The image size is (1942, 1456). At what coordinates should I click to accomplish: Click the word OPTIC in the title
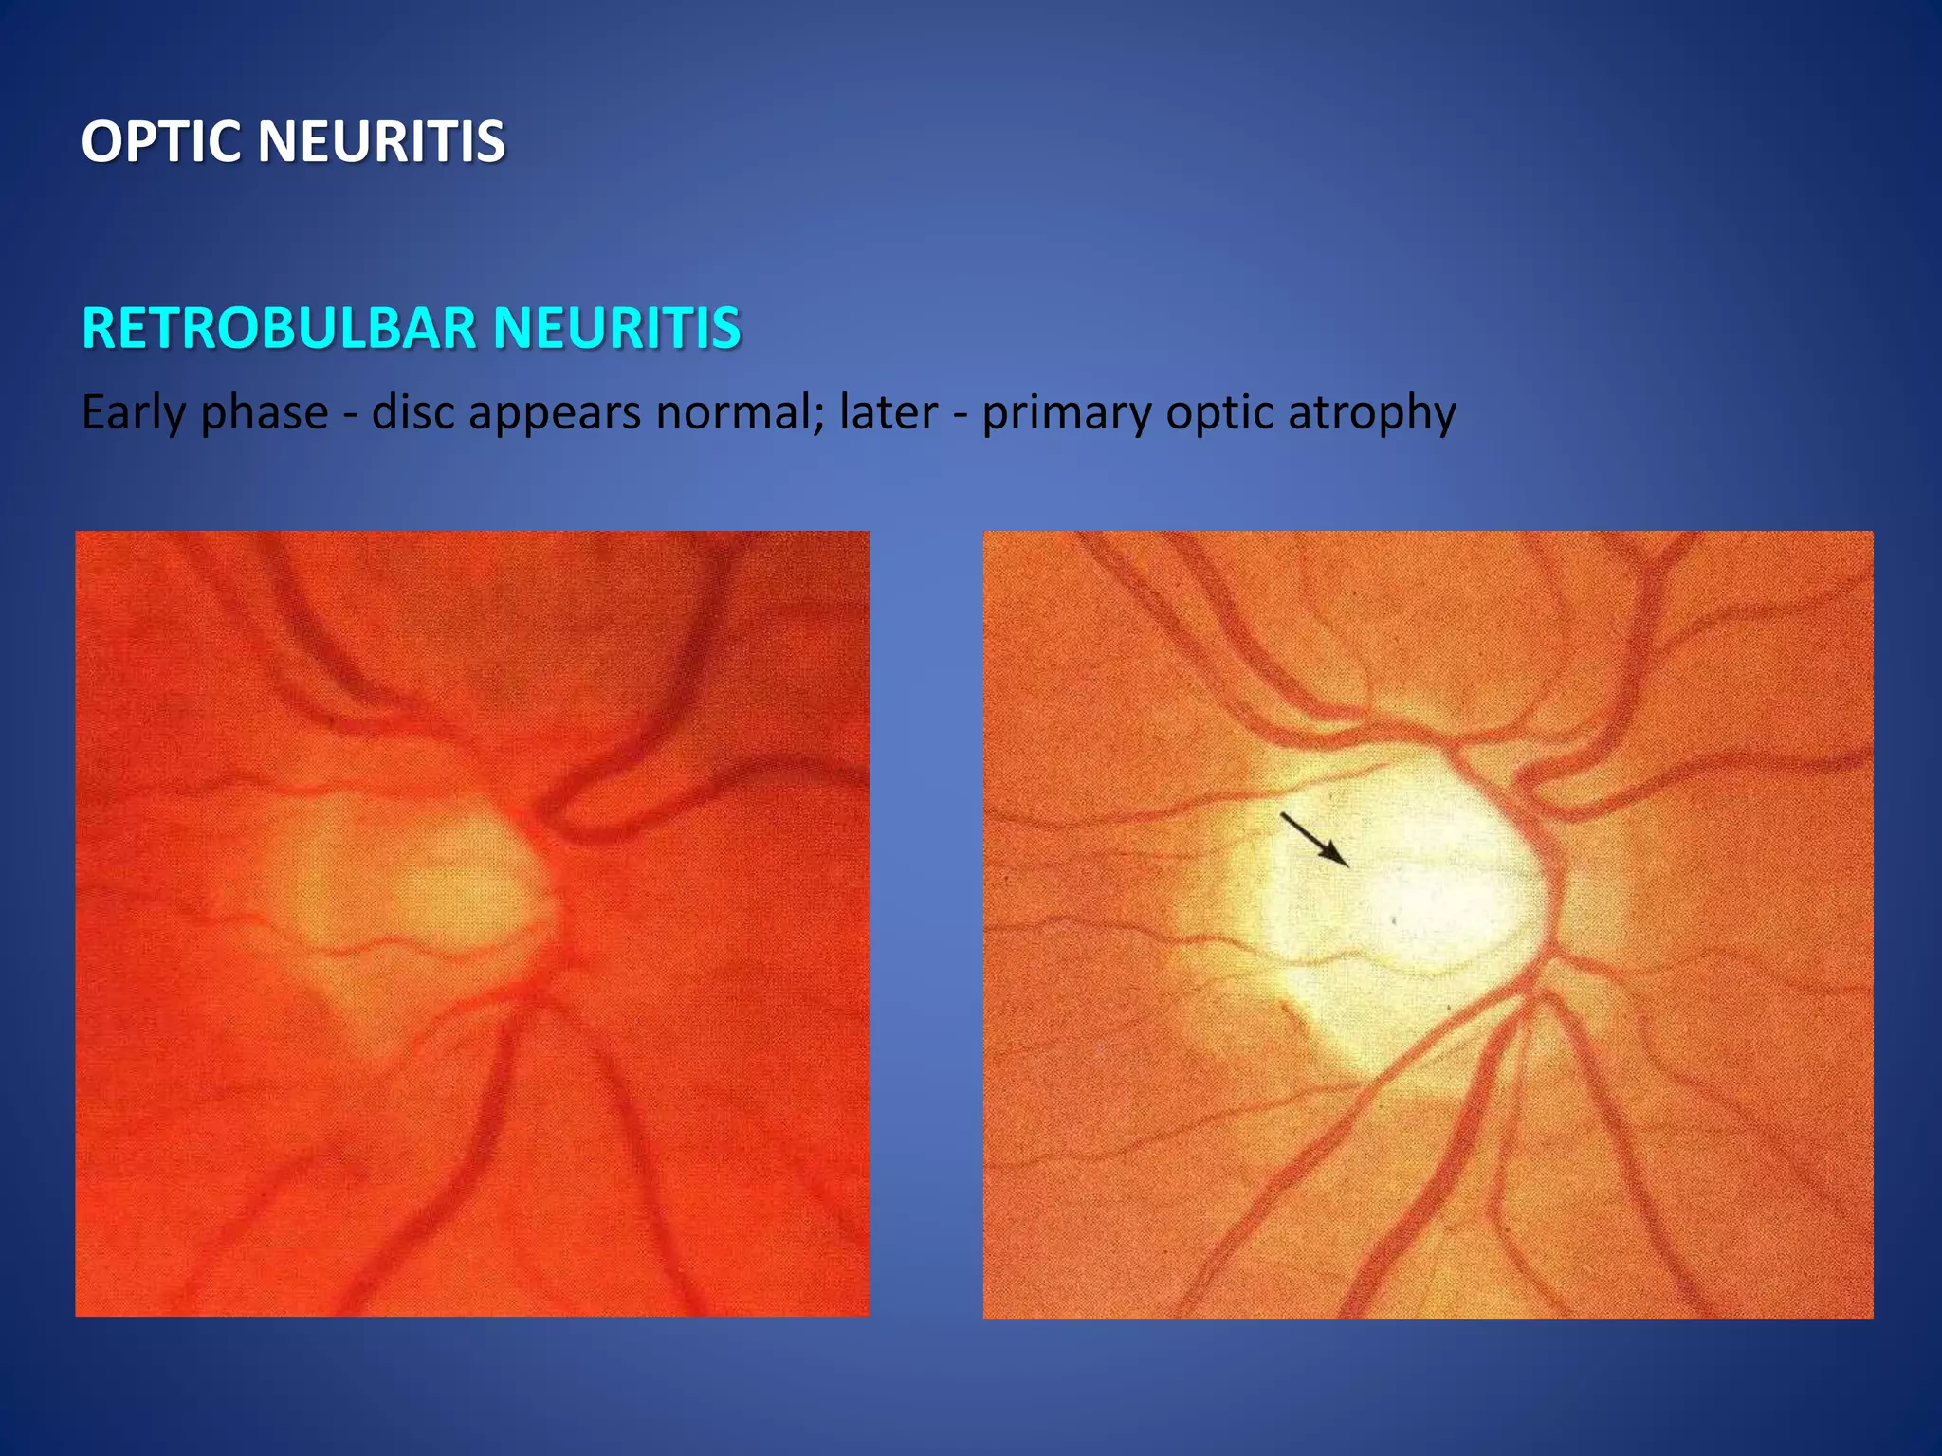coord(160,142)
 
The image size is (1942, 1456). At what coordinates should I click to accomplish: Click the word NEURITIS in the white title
coord(381,142)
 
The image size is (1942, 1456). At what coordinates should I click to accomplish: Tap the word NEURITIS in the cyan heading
coord(616,328)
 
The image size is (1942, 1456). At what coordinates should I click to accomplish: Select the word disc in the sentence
coord(412,413)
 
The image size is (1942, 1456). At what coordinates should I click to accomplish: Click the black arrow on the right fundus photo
coord(1314,839)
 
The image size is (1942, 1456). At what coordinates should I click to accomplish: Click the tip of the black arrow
coord(1347,865)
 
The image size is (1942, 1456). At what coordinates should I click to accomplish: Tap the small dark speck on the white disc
coord(1394,919)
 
